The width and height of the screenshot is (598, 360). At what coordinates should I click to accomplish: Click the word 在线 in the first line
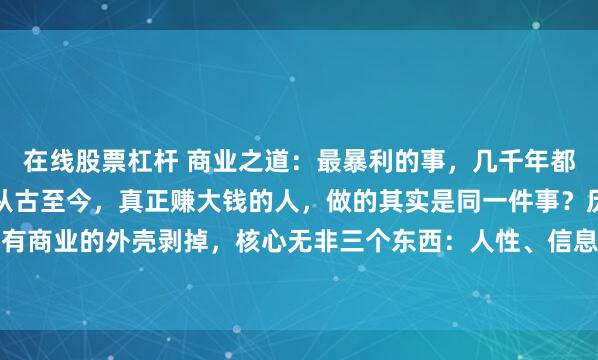pos(43,159)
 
